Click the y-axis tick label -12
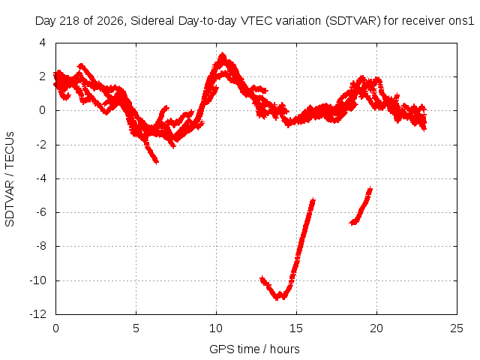[x=38, y=314]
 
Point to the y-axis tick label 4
[x=43, y=43]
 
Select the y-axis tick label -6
[x=41, y=212]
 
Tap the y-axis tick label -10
[x=38, y=280]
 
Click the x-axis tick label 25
[x=457, y=328]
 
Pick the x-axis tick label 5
[x=136, y=328]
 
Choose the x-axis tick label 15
[x=296, y=328]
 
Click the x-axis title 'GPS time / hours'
[x=254, y=349]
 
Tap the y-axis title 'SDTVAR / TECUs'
[x=10, y=179]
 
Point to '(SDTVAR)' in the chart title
[x=353, y=21]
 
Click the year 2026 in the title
[x=110, y=22]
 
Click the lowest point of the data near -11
[x=277, y=298]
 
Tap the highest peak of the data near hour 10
[x=222, y=55]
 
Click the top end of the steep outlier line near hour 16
[x=313, y=200]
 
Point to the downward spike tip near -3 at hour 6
[x=157, y=161]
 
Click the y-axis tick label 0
[x=43, y=110]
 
